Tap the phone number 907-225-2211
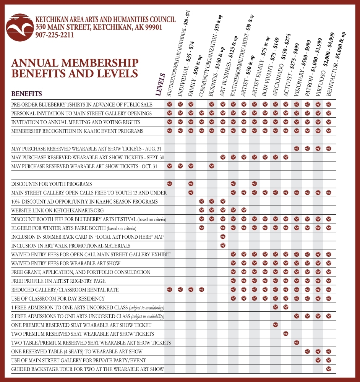pos(55,35)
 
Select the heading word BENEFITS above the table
pos(27,94)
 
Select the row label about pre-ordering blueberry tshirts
pos(82,105)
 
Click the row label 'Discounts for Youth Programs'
pos(52,184)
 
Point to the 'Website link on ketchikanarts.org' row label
pos(57,210)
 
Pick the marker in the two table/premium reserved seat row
pos(297,343)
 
